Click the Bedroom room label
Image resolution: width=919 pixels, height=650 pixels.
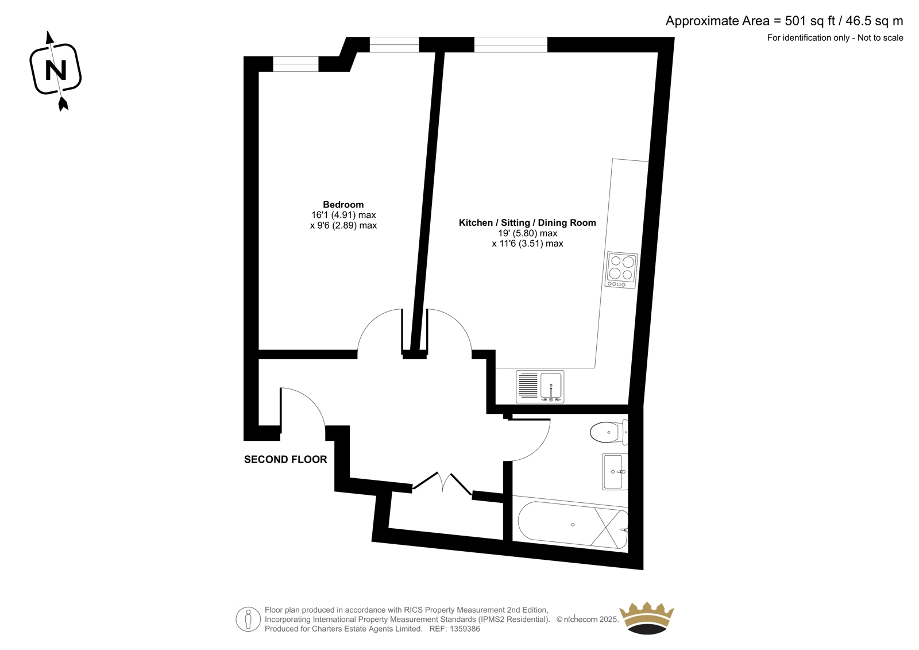pos(343,205)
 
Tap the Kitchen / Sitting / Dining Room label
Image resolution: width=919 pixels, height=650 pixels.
pos(527,222)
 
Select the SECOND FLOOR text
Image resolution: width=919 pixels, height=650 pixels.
pos(285,459)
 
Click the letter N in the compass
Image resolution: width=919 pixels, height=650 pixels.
pos(56,71)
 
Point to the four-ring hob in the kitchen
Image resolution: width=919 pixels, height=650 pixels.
pos(621,270)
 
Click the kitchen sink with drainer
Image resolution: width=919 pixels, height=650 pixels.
pos(540,386)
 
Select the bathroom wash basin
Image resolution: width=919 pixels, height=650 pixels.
pos(615,472)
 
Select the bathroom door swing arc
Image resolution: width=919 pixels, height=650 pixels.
pos(539,448)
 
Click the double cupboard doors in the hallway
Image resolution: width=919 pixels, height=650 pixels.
pos(443,482)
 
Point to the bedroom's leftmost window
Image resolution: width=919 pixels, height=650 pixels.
pos(295,64)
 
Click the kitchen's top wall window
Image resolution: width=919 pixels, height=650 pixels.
pos(511,44)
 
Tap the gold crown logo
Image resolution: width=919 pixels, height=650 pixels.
pos(647,618)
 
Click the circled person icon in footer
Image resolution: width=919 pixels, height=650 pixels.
pos(248,619)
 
